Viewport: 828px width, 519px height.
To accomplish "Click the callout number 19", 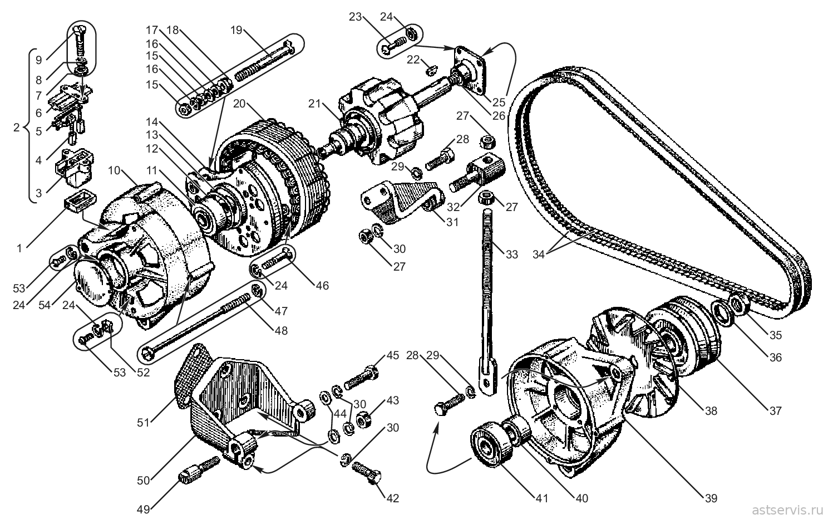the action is [236, 30].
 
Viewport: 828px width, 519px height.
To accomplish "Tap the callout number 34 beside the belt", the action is [539, 254].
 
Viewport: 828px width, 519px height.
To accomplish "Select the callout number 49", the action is [143, 510].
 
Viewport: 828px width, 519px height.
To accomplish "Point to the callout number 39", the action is [711, 498].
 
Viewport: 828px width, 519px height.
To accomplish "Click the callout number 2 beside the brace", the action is [16, 128].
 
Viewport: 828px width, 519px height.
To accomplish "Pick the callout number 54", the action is [45, 305].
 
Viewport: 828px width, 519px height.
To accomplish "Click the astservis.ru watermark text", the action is [783, 511].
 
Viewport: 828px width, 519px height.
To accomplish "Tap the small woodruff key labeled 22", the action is [432, 70].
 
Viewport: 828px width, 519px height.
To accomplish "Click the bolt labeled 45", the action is [361, 378].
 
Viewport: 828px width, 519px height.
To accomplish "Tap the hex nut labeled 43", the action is [363, 419].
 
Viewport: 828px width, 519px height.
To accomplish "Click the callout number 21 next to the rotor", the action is [314, 104].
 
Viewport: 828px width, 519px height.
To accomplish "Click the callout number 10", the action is [114, 170].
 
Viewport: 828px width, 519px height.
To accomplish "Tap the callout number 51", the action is [143, 423].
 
